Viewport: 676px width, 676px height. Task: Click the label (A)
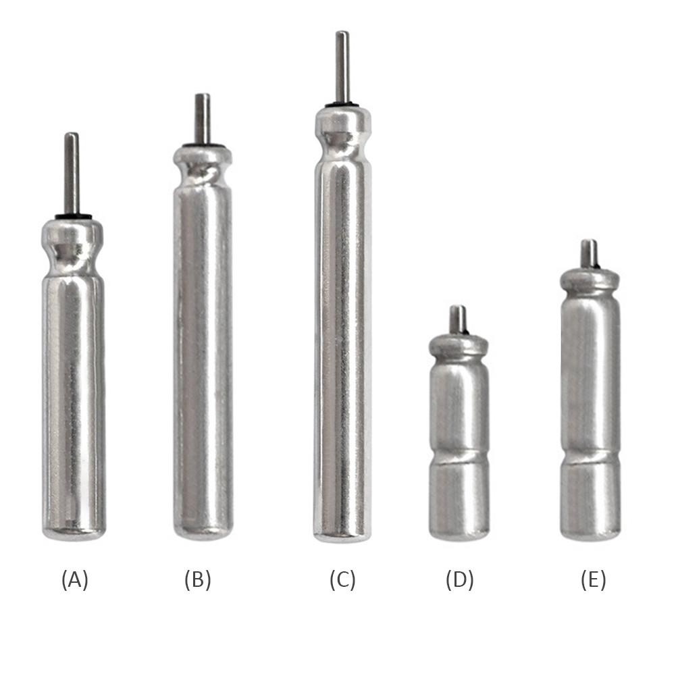coord(74,579)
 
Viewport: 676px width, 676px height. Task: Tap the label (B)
coord(198,579)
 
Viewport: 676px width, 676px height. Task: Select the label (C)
coord(343,579)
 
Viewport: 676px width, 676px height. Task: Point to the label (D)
coord(460,579)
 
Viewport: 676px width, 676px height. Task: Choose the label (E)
coord(593,579)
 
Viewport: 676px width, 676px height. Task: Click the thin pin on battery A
coord(72,173)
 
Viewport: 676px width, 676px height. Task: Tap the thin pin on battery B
coord(202,119)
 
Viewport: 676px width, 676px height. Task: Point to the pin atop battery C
coord(342,67)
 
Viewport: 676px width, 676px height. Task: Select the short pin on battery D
coord(458,319)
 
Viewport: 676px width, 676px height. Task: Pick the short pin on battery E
coord(589,254)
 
